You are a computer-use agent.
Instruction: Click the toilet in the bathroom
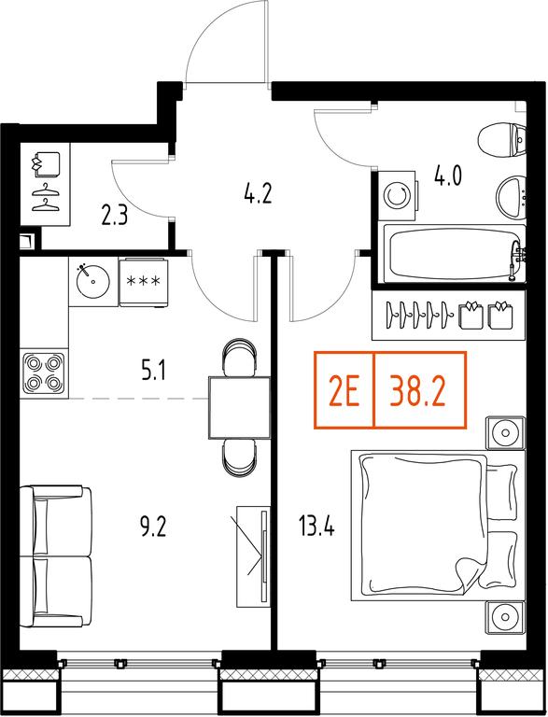click(x=502, y=140)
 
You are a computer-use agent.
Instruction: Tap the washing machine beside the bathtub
click(x=397, y=196)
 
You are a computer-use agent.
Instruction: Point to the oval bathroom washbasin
click(x=512, y=199)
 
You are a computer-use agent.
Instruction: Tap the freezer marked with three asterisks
click(x=143, y=282)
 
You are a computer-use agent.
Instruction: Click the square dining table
click(x=239, y=407)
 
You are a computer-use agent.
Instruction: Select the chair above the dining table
click(x=239, y=358)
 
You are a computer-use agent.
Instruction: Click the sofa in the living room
click(x=56, y=556)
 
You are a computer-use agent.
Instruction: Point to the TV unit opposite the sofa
click(x=253, y=556)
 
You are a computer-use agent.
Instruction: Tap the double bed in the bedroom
click(x=438, y=526)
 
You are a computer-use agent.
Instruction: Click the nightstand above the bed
click(x=505, y=432)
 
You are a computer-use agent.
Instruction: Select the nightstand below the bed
click(x=505, y=617)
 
